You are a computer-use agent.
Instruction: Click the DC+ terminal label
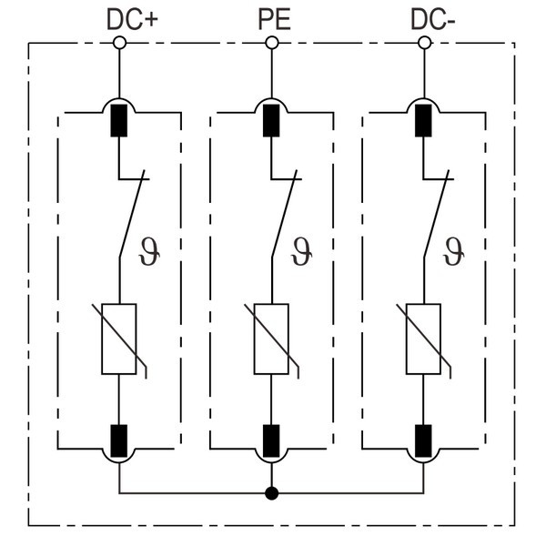(133, 19)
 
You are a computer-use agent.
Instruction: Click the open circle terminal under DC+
(119, 43)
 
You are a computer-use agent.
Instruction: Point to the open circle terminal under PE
(271, 43)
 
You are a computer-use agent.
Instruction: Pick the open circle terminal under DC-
(423, 43)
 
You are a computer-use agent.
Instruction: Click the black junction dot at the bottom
(271, 494)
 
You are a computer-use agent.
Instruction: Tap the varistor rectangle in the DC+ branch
(119, 339)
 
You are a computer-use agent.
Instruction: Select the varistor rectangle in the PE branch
(271, 339)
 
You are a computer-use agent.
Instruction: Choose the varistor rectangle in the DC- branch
(423, 339)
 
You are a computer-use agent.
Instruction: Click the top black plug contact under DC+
(119, 121)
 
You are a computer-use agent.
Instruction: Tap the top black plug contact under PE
(271, 121)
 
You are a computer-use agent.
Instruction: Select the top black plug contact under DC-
(423, 121)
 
